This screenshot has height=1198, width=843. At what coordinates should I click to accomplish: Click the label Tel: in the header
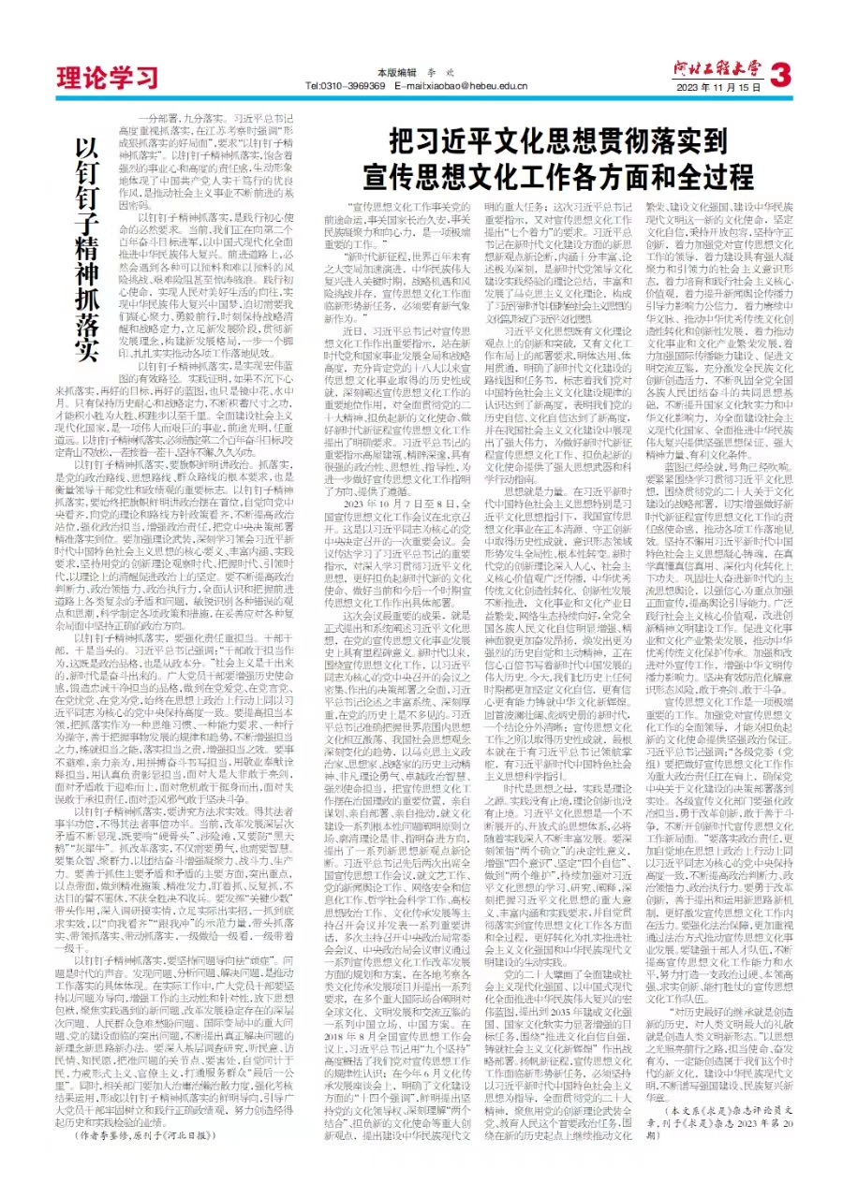coord(315,86)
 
